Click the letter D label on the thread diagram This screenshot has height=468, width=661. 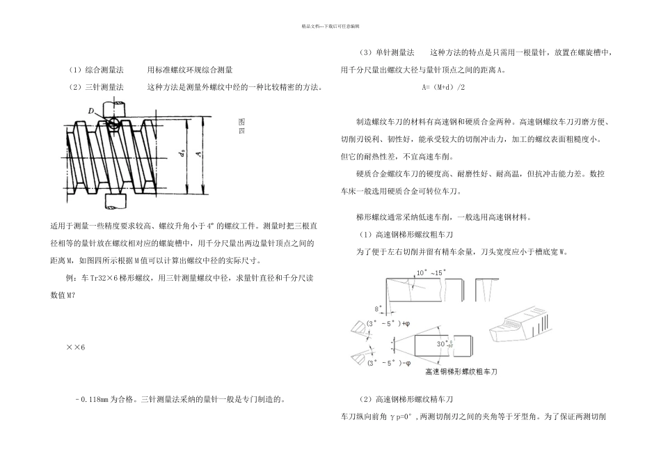click(x=92, y=110)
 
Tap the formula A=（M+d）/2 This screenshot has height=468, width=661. click(x=444, y=88)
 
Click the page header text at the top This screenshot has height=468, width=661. click(x=330, y=26)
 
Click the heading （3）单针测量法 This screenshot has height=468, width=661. click(x=387, y=53)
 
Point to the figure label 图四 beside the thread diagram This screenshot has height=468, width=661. click(x=241, y=125)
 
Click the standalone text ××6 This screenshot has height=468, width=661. click(x=74, y=348)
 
